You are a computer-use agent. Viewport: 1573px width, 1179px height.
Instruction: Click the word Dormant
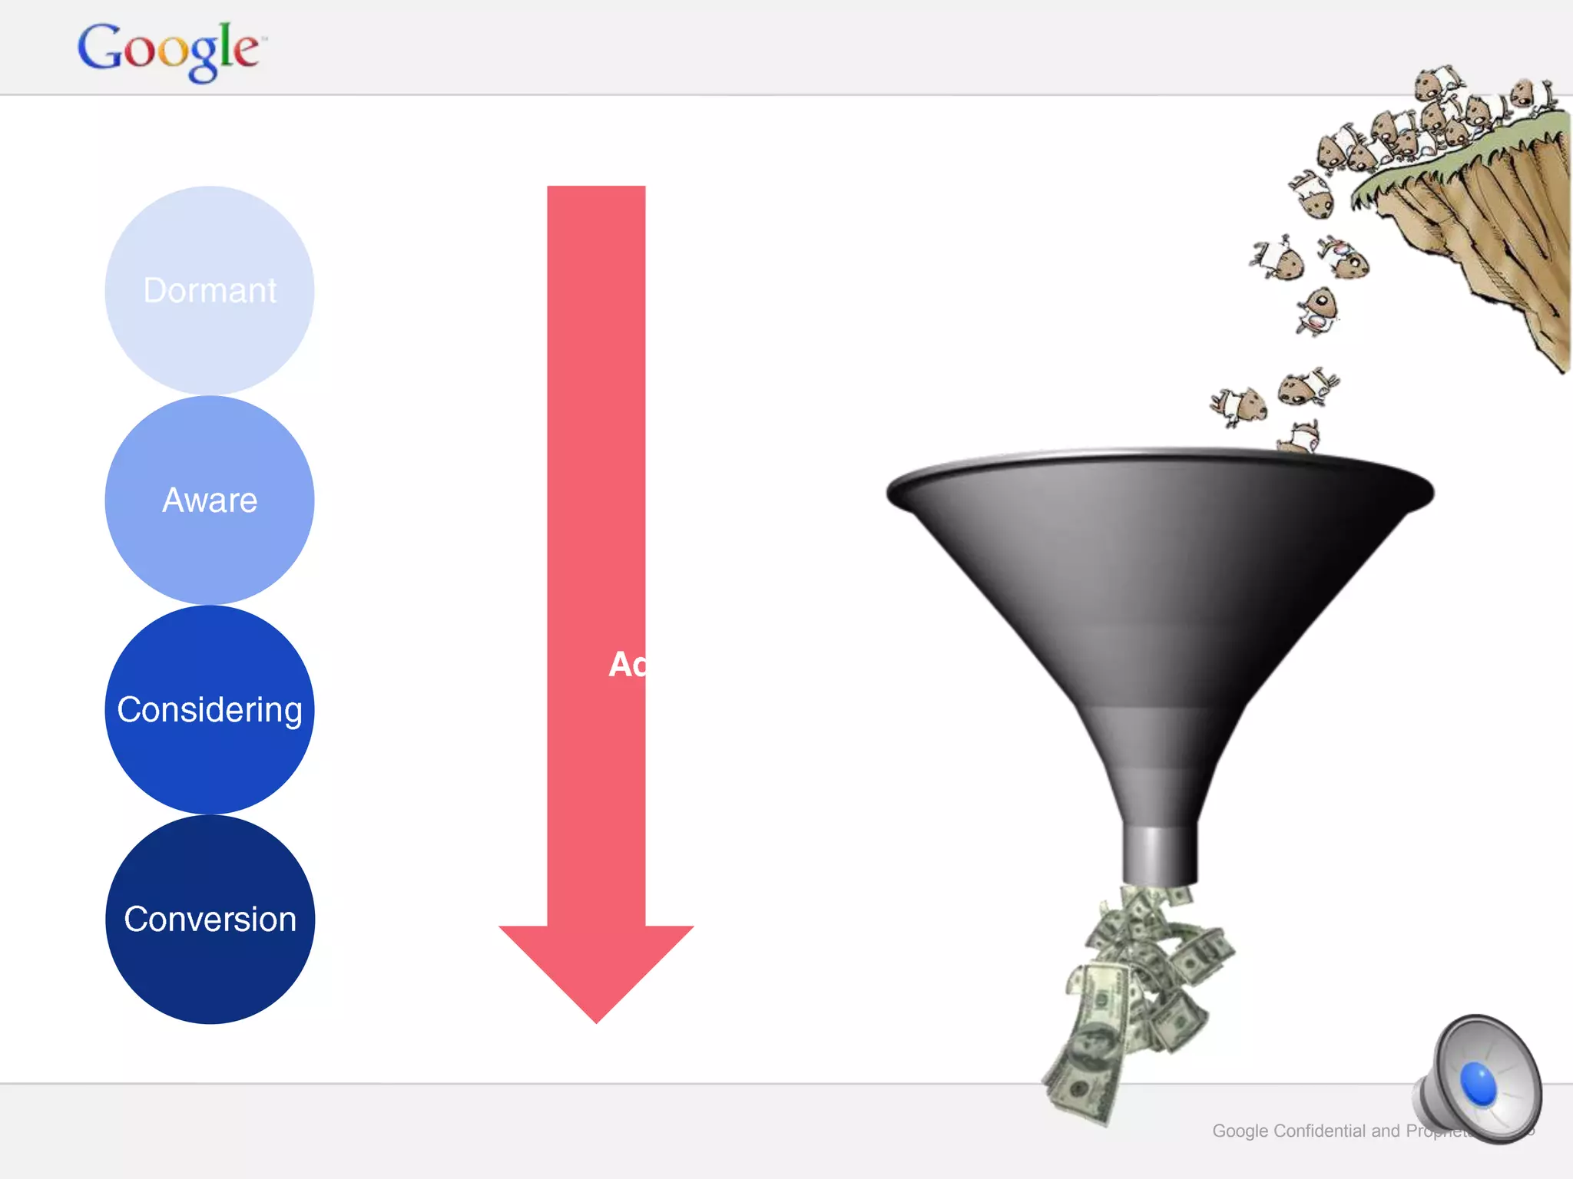pos(210,291)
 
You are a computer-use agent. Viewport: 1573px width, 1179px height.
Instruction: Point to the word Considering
pos(210,710)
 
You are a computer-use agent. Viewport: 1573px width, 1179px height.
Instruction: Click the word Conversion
pos(210,920)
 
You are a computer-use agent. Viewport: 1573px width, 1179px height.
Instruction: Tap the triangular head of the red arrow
pos(596,967)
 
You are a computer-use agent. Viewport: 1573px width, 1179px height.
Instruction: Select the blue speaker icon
pos(1479,1078)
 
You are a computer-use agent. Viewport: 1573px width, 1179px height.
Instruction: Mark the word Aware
pos(210,500)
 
